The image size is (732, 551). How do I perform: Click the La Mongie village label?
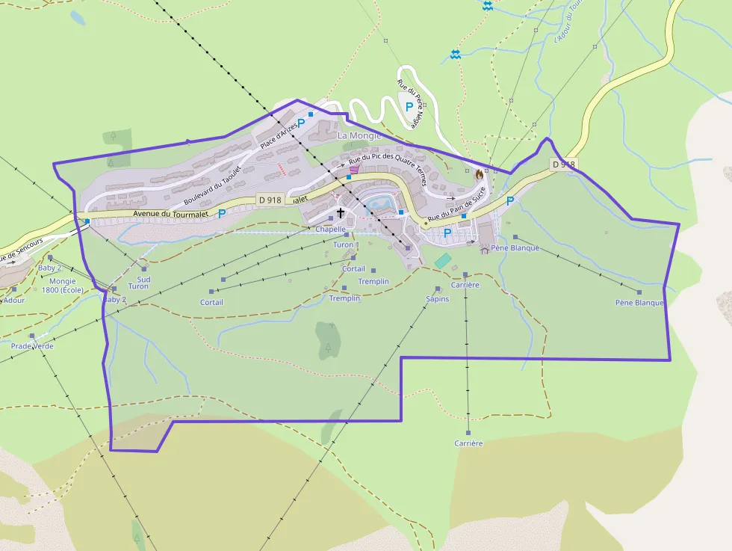pos(359,136)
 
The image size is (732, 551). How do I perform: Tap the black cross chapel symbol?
pos(341,213)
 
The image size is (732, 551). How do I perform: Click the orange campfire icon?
pos(479,173)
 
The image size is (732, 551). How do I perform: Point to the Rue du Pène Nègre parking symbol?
pos(409,107)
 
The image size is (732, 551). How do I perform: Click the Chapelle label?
pos(330,230)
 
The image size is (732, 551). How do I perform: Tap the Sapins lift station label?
pos(437,299)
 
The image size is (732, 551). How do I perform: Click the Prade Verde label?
pos(32,346)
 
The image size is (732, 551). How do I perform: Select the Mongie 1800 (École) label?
pos(63,286)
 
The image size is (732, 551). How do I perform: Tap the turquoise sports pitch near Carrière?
pos(443,260)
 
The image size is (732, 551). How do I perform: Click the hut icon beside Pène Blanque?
pos(485,250)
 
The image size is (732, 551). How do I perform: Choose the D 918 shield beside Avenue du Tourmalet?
pos(269,200)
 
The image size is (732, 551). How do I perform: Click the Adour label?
pos(13,301)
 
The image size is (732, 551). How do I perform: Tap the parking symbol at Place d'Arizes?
pos(301,123)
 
